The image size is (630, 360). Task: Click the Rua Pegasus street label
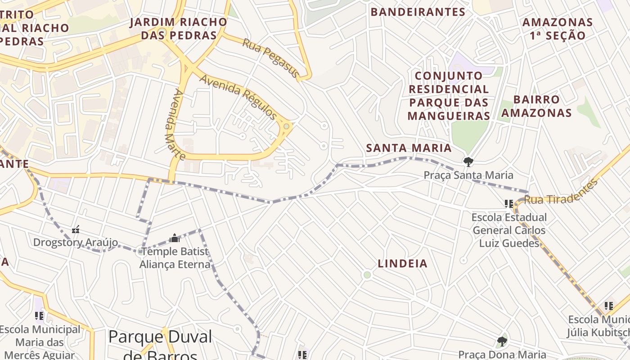click(x=270, y=58)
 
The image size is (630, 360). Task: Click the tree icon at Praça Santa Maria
click(x=468, y=161)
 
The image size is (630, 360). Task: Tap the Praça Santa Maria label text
click(x=468, y=175)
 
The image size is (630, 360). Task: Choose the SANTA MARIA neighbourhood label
click(x=409, y=148)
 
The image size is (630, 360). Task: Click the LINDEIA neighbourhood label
click(x=402, y=264)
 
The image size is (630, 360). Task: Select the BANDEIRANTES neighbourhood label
click(x=418, y=12)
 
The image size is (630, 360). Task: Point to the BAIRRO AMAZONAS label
click(x=536, y=106)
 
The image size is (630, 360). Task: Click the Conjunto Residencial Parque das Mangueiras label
click(x=449, y=96)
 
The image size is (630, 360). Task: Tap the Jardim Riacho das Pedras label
click(x=179, y=29)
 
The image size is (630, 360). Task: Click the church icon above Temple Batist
click(x=175, y=238)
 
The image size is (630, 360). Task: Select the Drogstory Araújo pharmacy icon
click(x=76, y=230)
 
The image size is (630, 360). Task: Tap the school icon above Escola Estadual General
click(x=509, y=204)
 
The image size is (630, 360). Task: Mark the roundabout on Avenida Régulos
click(x=286, y=126)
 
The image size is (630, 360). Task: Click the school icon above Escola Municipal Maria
click(x=39, y=316)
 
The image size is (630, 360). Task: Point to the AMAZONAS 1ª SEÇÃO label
click(x=558, y=29)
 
